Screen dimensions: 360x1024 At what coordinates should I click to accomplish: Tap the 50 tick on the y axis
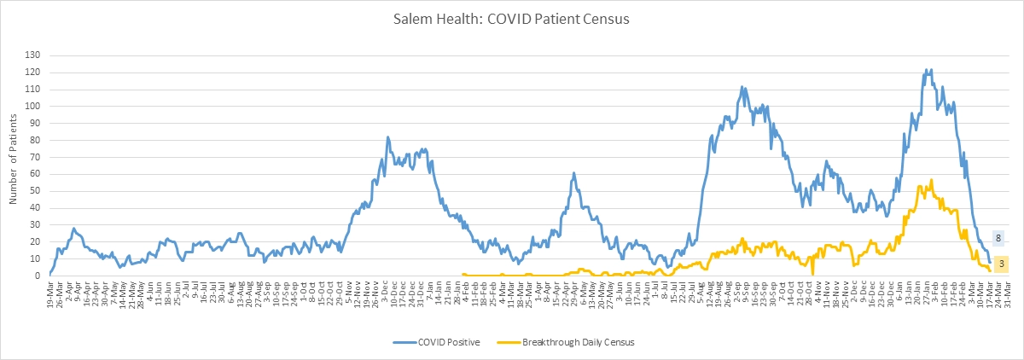click(38, 191)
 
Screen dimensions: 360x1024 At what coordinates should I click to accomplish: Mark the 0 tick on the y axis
click(40, 276)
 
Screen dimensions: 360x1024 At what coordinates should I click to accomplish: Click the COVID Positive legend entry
click(448, 342)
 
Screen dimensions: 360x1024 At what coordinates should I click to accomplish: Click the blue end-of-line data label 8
click(998, 239)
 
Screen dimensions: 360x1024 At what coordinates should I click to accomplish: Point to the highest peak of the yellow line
click(931, 180)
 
